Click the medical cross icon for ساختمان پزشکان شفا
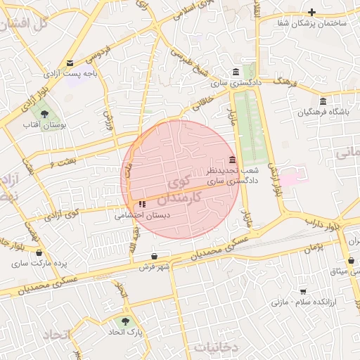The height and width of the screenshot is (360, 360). (x=312, y=12)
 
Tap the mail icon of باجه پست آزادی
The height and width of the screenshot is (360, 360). (x=69, y=63)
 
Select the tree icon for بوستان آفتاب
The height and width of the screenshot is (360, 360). (x=44, y=113)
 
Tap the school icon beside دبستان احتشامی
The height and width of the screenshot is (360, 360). (x=143, y=204)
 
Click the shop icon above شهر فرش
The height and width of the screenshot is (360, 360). (x=155, y=256)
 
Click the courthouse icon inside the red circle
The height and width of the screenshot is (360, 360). (x=232, y=160)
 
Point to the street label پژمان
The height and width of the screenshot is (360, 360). (x=313, y=248)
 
